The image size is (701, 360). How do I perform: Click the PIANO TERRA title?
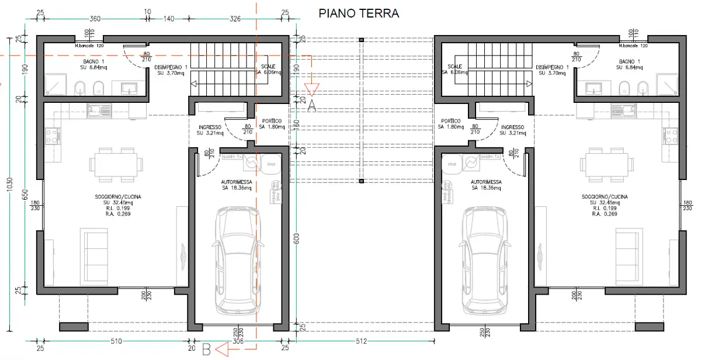359,13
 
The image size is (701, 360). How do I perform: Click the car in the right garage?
485,260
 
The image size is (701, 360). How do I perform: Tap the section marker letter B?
206,349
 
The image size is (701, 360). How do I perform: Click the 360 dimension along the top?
95,19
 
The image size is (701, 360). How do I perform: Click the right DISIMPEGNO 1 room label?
553,70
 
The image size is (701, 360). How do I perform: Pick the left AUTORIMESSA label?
237,185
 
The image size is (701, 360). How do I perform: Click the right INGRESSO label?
512,130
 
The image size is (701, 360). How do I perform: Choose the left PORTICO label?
272,124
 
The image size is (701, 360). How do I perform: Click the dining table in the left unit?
116,162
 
